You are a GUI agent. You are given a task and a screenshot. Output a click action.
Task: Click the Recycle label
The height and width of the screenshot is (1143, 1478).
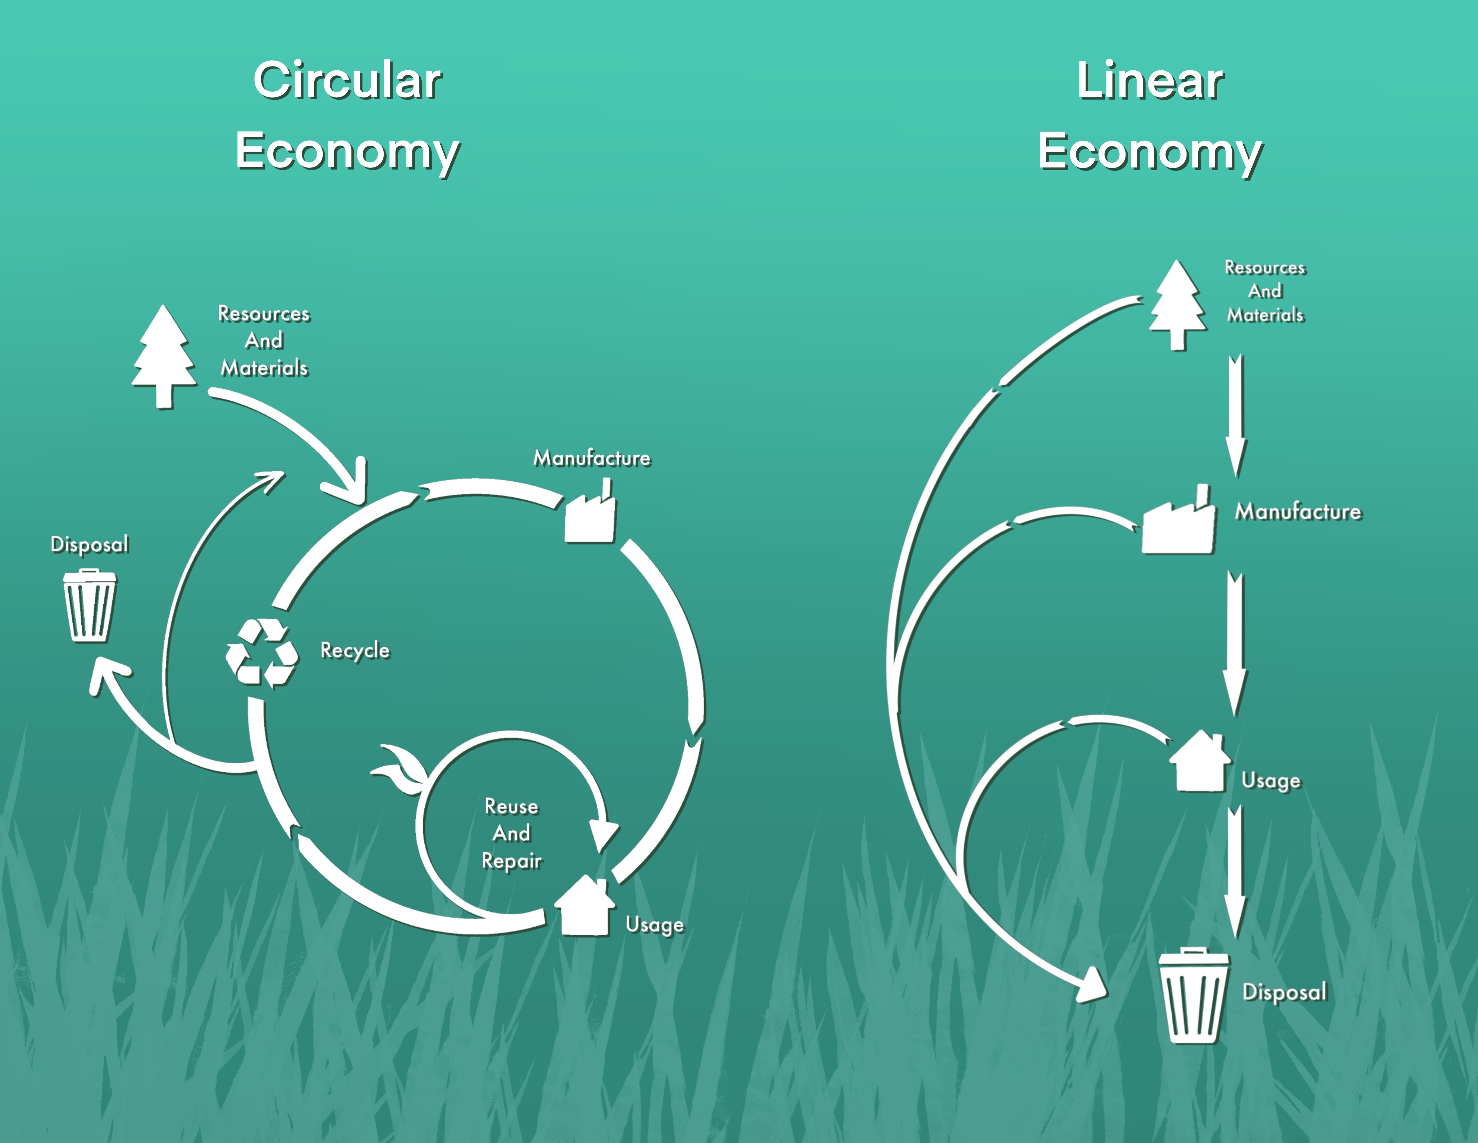(x=355, y=650)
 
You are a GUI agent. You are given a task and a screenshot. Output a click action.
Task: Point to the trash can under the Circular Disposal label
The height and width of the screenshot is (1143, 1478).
(x=89, y=606)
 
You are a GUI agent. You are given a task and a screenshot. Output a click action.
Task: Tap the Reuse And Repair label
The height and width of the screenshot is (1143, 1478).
(x=512, y=833)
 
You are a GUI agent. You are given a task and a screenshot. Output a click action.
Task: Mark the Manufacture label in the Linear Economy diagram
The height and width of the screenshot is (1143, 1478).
(x=1297, y=512)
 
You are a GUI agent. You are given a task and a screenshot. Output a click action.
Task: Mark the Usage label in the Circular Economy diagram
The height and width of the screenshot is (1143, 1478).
(x=654, y=925)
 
